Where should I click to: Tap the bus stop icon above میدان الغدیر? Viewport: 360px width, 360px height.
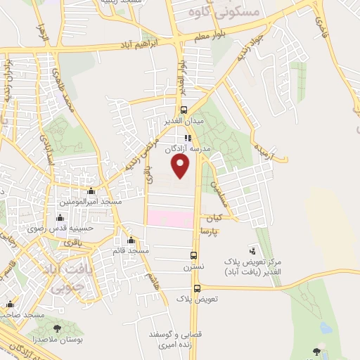pos(184,110)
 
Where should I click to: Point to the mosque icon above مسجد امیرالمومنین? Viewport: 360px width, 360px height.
pos(91,191)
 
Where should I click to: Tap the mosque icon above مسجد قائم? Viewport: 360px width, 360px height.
pos(131,240)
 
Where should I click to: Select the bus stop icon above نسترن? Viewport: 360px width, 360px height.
pos(194,256)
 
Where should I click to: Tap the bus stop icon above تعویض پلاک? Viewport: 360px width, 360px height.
pos(197,288)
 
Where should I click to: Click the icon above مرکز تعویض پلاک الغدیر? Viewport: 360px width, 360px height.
pos(252,250)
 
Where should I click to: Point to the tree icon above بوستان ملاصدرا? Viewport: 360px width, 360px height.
pos(57,328)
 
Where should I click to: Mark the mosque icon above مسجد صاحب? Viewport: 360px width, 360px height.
pos(10,304)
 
